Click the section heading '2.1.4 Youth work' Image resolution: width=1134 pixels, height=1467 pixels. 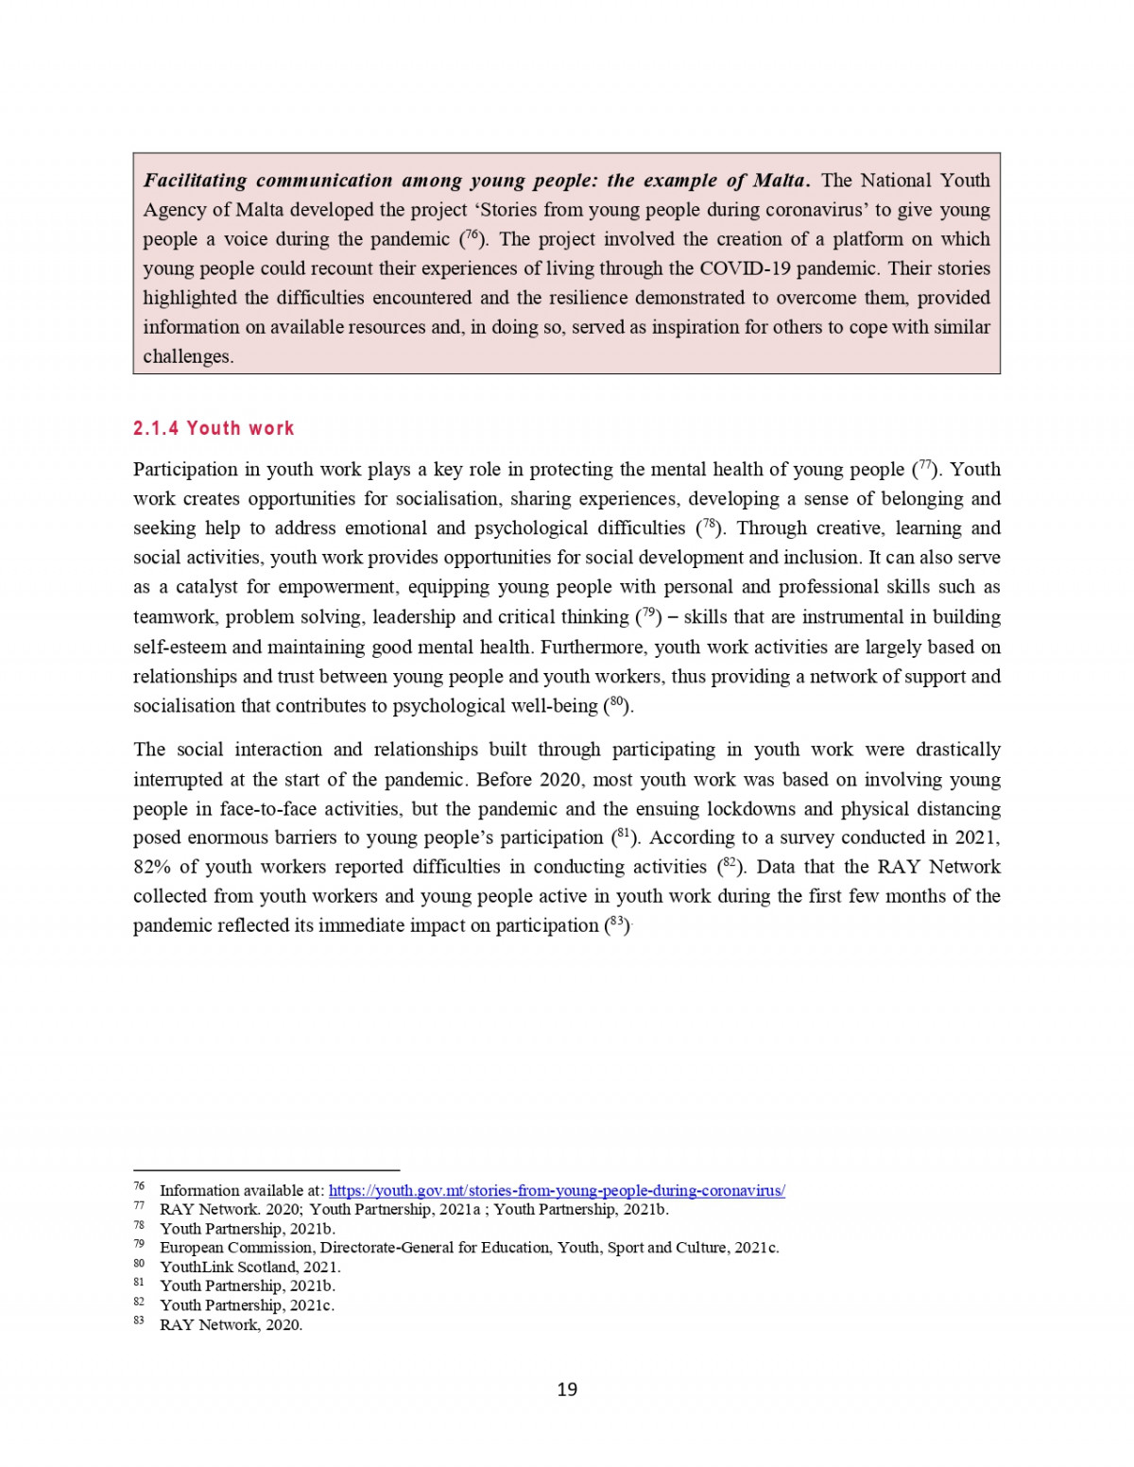(214, 428)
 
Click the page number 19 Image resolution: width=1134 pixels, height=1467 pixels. (567, 1389)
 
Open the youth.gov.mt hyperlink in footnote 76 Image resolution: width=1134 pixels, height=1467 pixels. (557, 1191)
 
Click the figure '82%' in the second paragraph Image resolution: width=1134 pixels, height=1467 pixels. (151, 867)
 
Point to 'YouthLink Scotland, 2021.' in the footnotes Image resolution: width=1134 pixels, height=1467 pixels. (249, 1267)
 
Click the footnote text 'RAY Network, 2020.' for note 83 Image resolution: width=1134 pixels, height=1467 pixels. (231, 1324)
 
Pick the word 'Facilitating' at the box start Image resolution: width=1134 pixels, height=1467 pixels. (195, 181)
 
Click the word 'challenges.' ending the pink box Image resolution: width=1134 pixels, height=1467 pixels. (188, 356)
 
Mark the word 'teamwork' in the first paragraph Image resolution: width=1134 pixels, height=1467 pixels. (175, 617)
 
